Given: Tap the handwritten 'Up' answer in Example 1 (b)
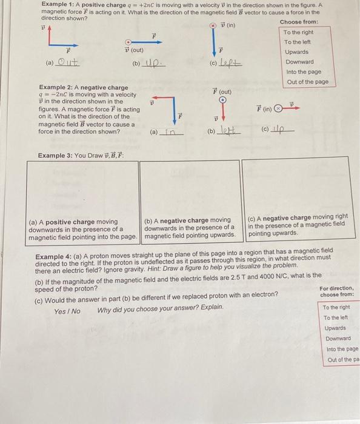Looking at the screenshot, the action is tap(154, 62).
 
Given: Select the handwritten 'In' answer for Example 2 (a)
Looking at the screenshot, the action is tap(170, 131).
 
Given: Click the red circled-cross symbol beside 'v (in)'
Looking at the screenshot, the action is tap(213, 25).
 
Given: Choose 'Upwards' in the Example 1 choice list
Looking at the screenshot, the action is tap(297, 52).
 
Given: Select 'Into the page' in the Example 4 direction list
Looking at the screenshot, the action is tap(342, 349).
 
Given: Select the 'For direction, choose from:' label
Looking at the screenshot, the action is tap(337, 291).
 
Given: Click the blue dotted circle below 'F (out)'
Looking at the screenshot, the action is tap(222, 100).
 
